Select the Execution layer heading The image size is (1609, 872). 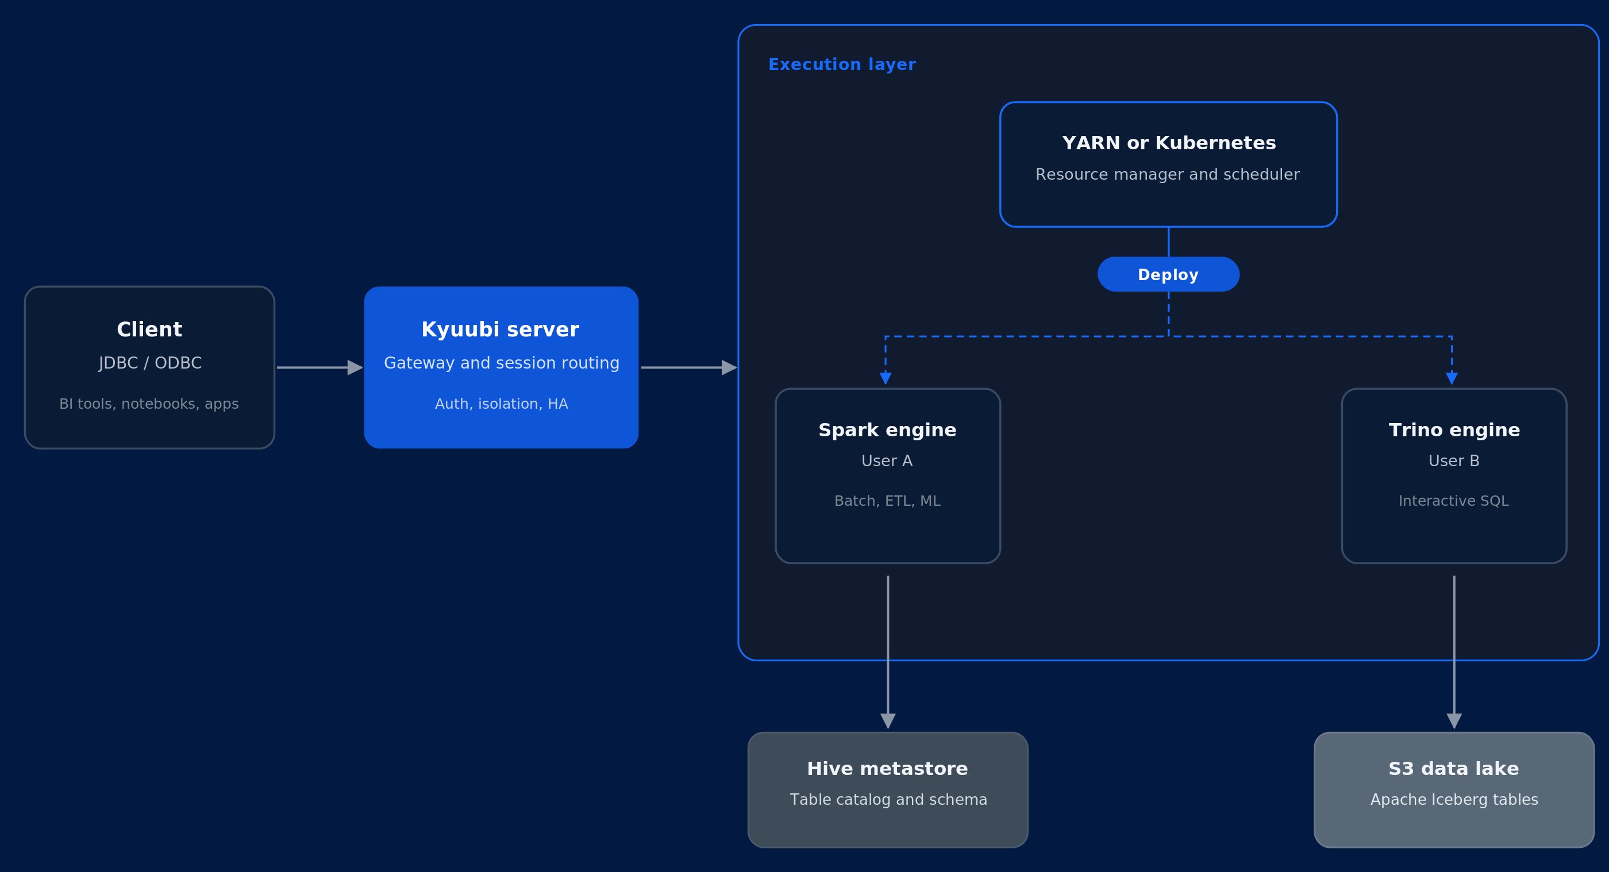click(x=842, y=65)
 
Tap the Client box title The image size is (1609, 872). click(x=149, y=330)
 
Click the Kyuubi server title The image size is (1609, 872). click(x=501, y=330)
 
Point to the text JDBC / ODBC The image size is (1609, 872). click(x=151, y=363)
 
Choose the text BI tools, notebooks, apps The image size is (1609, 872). click(x=149, y=404)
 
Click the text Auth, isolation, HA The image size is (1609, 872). click(x=502, y=404)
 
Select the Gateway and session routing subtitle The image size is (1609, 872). click(x=502, y=363)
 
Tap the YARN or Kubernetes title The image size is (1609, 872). click(x=1169, y=143)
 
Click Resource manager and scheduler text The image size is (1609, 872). click(x=1168, y=175)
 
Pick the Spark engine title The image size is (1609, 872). click(x=887, y=430)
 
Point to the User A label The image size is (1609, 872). click(x=887, y=460)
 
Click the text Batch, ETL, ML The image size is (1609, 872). click(x=887, y=501)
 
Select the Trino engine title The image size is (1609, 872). click(x=1454, y=430)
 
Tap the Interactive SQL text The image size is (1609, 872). click(x=1453, y=501)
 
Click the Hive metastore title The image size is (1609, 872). click(x=887, y=769)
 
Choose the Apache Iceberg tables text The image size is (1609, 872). click(x=1454, y=800)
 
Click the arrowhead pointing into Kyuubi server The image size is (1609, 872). click(x=355, y=367)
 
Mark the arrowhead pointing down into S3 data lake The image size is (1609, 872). click(x=1454, y=721)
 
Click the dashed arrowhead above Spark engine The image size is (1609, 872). click(x=885, y=378)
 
